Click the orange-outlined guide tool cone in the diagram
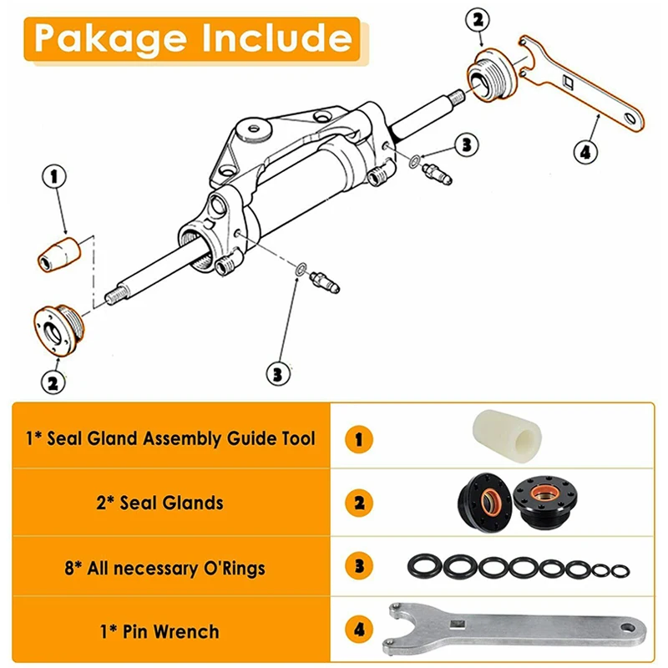[x=59, y=252]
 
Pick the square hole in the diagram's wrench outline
[x=567, y=80]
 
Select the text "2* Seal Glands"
[x=171, y=503]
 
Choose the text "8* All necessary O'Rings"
[x=171, y=569]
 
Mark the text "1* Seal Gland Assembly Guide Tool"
[x=171, y=438]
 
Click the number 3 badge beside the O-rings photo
[x=358, y=566]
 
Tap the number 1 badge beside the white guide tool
[x=358, y=437]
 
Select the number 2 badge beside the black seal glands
[x=358, y=503]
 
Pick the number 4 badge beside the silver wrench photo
[x=358, y=629]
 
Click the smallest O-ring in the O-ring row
[x=619, y=570]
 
